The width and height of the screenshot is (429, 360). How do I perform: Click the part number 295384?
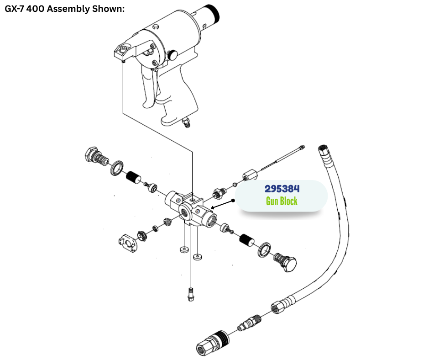click(282, 189)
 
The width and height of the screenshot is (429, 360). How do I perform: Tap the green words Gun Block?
click(282, 201)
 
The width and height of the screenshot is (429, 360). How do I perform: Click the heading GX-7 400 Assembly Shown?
click(64, 9)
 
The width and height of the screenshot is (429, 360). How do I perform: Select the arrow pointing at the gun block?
click(222, 204)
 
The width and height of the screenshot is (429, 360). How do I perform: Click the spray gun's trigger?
click(150, 88)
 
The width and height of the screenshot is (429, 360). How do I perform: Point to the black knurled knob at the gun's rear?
click(213, 14)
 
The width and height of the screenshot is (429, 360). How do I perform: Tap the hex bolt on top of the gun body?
click(156, 26)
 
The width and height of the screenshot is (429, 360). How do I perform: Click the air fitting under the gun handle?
click(187, 122)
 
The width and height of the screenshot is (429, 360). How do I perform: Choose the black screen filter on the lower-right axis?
click(246, 240)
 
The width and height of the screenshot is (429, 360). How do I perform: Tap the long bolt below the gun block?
click(191, 294)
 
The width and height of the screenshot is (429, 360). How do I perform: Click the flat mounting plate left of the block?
click(127, 244)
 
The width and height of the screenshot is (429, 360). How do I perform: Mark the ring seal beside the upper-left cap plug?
click(116, 168)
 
